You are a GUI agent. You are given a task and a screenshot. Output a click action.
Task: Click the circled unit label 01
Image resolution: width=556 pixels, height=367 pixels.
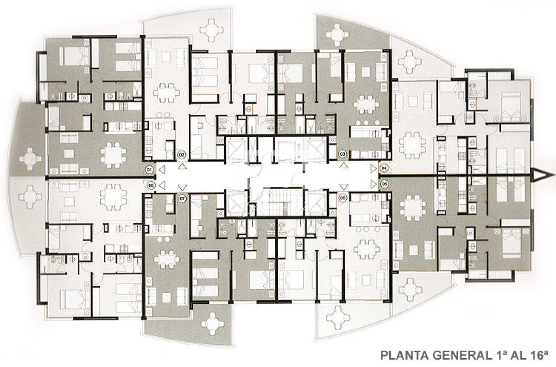pyautogui.click(x=149, y=170)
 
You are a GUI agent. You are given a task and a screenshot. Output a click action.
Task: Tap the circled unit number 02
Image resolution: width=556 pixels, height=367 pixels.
pyautogui.click(x=182, y=154)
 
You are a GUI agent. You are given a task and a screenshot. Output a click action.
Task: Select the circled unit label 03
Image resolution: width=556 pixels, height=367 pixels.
pyautogui.click(x=343, y=153)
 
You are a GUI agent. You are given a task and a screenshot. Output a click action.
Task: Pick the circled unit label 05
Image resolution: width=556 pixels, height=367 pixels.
pyautogui.click(x=384, y=184)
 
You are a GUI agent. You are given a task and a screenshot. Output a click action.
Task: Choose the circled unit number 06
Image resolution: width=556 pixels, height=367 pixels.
pyautogui.click(x=343, y=198)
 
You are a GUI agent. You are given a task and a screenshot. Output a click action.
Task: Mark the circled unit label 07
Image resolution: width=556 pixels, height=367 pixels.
pyautogui.click(x=182, y=198)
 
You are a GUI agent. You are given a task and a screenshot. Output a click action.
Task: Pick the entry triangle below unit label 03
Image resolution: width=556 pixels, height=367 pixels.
pyautogui.click(x=343, y=165)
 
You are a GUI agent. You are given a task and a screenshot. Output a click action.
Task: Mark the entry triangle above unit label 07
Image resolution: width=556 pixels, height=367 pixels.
pyautogui.click(x=182, y=187)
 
